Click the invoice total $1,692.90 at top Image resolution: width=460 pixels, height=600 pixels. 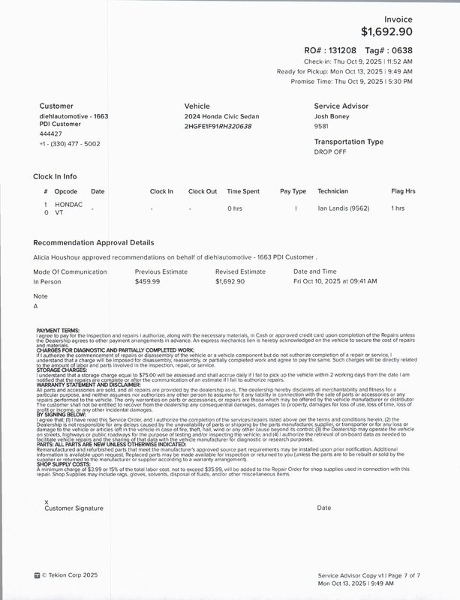pos(386,31)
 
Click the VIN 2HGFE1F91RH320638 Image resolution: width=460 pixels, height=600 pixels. pos(218,127)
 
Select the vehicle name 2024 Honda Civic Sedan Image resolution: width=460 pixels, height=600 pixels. pos(221,117)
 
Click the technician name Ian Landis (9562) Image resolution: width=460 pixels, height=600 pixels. pos(346,208)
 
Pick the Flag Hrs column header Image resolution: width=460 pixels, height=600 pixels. pos(403,191)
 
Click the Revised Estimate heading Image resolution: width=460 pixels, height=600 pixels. pos(240,271)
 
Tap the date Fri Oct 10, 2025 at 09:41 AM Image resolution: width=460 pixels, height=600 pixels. pos(335,281)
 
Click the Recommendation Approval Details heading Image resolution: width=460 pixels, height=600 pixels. pos(94,243)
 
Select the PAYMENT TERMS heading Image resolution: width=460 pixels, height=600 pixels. pos(58,330)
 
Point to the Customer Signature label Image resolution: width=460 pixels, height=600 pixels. pos(74,508)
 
